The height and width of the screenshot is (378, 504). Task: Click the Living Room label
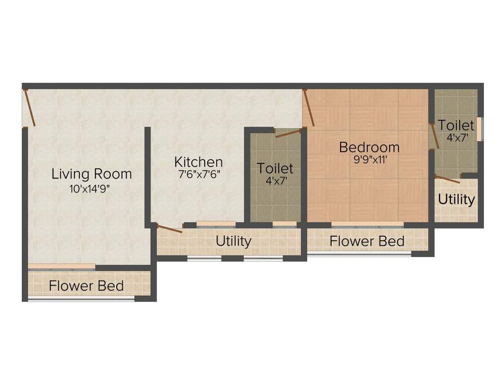coord(92,174)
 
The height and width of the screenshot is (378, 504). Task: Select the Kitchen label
coord(198,162)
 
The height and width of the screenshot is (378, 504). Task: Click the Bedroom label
coord(369,147)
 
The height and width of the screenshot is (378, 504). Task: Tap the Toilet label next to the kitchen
coord(275,168)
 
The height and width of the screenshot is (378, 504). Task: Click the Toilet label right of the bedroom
coord(456,125)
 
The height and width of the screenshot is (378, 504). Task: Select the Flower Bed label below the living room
coord(86,285)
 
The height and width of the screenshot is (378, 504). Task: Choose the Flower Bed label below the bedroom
coord(367,241)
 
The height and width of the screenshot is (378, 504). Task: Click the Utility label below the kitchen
coord(233,241)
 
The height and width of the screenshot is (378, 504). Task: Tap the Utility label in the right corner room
coord(456,200)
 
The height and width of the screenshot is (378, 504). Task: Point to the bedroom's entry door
coord(309,107)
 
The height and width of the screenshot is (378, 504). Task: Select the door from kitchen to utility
coord(169,228)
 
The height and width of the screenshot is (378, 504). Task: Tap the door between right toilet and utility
coord(447,179)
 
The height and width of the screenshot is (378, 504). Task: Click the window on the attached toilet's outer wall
coord(482,128)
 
